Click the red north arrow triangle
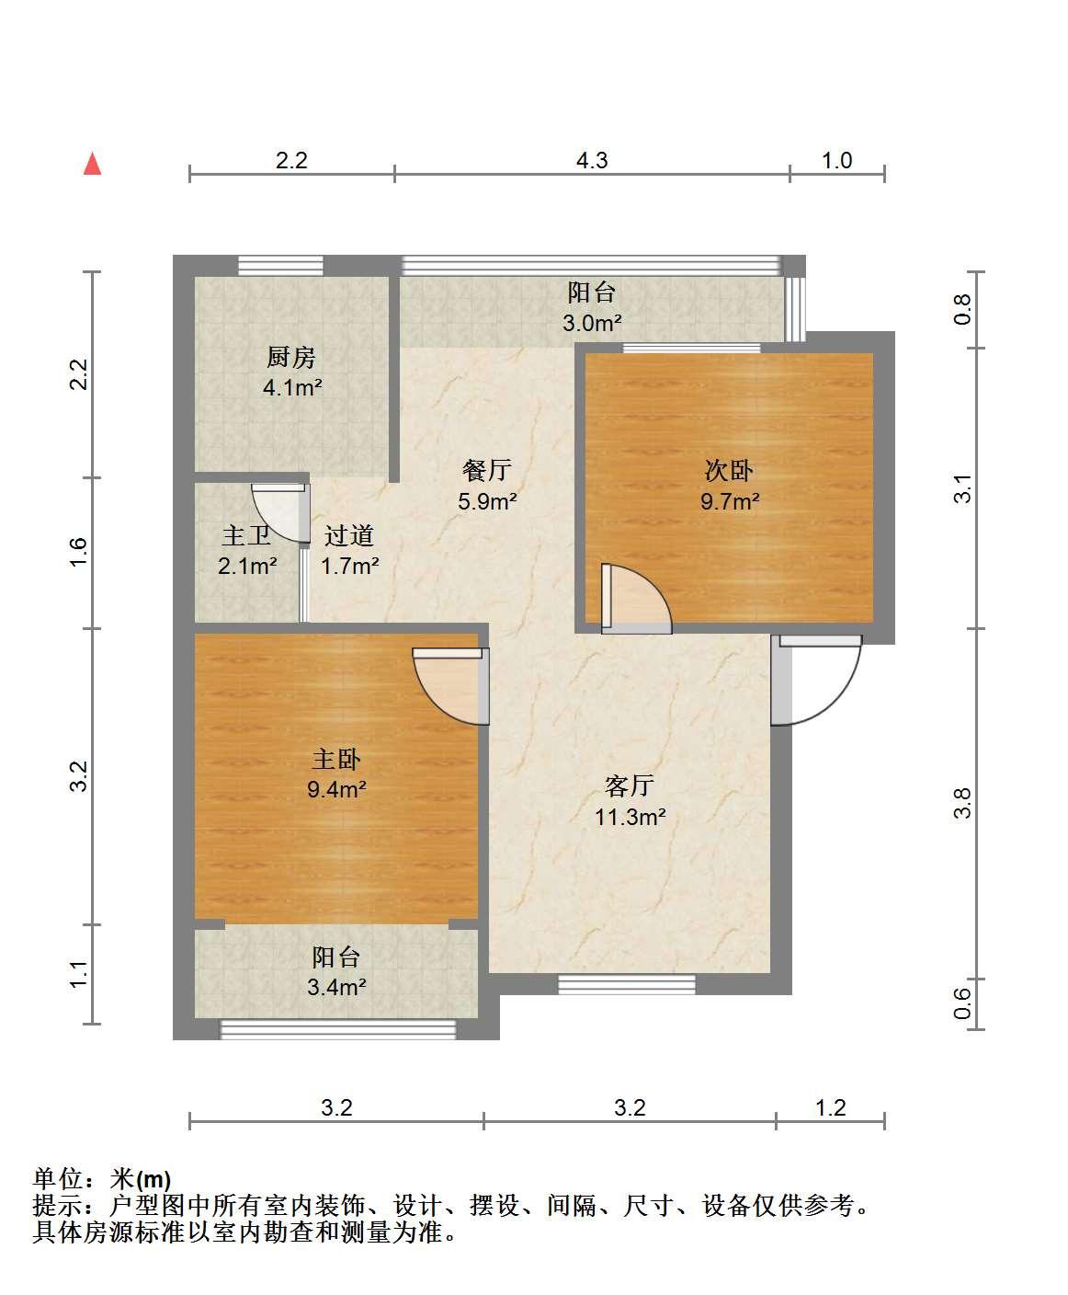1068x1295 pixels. click(x=92, y=164)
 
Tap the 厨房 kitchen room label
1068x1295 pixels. click(x=291, y=357)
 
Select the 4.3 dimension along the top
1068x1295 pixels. click(x=592, y=161)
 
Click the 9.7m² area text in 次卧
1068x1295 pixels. click(x=730, y=500)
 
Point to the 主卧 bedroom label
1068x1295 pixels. click(x=336, y=759)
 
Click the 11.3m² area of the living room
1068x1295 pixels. click(x=631, y=817)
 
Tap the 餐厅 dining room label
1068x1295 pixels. click(x=487, y=470)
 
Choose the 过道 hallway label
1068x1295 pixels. click(x=349, y=535)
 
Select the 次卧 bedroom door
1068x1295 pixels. click(x=636, y=599)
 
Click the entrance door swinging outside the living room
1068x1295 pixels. click(x=816, y=680)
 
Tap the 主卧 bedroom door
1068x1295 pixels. click(x=450, y=686)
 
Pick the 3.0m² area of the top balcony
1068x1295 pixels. click(x=592, y=323)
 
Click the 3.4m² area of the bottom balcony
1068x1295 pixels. click(x=336, y=986)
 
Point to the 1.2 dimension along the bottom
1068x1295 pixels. click(x=831, y=1107)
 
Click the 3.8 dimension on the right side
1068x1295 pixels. click(x=962, y=803)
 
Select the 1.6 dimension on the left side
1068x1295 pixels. click(x=79, y=552)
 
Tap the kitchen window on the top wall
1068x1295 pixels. click(x=281, y=266)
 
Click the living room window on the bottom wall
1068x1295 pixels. click(x=626, y=984)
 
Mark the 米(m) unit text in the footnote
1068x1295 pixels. click(x=141, y=1179)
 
